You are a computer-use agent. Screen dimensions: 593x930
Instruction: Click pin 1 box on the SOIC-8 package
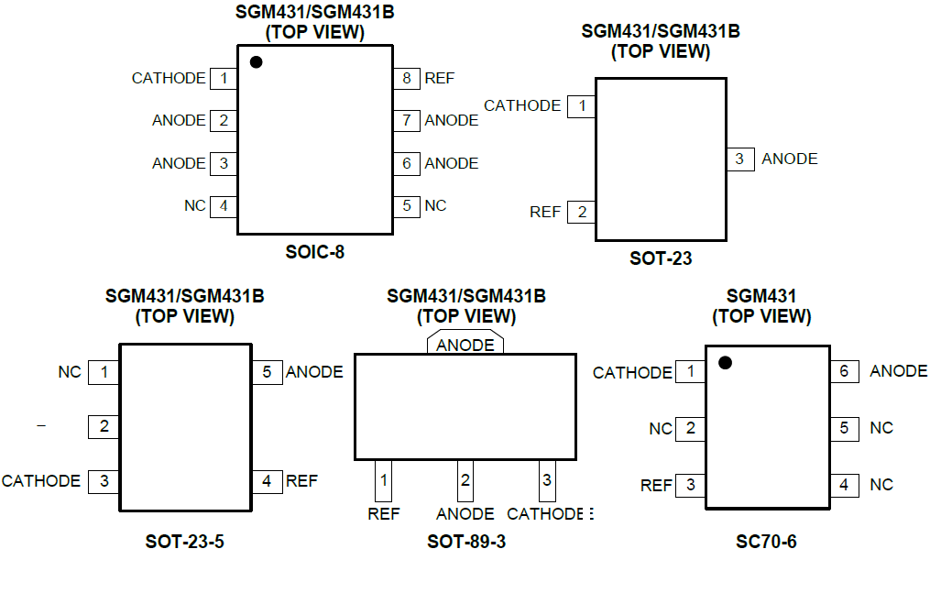click(224, 78)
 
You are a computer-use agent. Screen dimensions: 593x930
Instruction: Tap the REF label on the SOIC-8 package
click(439, 78)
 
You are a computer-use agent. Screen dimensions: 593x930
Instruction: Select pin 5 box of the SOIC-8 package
click(407, 205)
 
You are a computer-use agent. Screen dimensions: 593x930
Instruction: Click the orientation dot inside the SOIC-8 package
click(257, 62)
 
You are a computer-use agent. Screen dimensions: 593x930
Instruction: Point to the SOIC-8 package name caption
click(314, 251)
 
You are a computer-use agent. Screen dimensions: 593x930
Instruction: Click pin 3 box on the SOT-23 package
click(739, 159)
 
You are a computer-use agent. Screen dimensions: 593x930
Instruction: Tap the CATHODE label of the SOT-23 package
click(522, 105)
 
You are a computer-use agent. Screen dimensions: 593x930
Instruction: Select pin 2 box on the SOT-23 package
click(582, 212)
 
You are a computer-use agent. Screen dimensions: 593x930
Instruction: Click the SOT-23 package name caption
click(661, 258)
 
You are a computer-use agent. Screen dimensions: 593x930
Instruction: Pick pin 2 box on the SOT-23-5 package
click(104, 426)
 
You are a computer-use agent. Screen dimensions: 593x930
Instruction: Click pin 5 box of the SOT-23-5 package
click(267, 372)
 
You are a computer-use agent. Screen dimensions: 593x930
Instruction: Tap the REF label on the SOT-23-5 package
click(301, 480)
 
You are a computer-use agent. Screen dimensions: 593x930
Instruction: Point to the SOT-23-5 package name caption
click(184, 542)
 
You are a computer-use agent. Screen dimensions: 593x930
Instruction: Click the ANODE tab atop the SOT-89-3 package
click(465, 345)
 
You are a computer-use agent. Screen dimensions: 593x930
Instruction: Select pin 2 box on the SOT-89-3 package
click(465, 480)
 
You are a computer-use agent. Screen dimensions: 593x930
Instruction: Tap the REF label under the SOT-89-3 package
click(384, 514)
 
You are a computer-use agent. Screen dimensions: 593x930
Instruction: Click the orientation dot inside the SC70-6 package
click(725, 363)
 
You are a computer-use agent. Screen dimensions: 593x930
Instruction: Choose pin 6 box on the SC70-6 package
click(844, 371)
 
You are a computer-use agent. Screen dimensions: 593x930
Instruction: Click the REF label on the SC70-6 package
click(656, 485)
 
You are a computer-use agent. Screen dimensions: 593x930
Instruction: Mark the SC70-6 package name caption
click(766, 542)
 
